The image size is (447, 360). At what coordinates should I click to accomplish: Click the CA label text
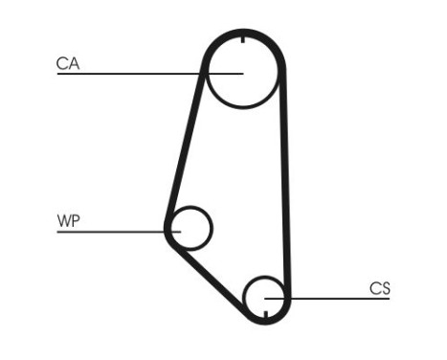pos(68,64)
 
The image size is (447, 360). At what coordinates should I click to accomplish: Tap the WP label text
pos(68,222)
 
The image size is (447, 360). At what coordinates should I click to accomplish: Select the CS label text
pos(380,288)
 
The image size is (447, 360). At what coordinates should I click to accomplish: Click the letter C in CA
pos(62,64)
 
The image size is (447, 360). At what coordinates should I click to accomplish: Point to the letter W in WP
pos(63,222)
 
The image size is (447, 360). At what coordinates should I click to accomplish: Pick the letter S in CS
pos(386,288)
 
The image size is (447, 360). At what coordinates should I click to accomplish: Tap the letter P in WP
pos(75,222)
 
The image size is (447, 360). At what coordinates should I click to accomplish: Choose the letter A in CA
pos(74,64)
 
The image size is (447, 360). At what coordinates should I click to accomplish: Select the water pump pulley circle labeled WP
pos(190,228)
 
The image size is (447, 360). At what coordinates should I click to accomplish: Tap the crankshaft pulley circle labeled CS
pos(264,298)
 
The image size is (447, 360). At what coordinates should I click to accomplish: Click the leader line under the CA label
pos(134,74)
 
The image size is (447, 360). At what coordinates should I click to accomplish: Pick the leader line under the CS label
pos(335,299)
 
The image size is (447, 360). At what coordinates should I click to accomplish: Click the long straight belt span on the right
pos(283,182)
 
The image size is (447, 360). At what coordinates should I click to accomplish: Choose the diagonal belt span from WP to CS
pos(206,278)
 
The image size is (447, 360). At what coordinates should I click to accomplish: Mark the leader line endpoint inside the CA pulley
pos(243,73)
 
